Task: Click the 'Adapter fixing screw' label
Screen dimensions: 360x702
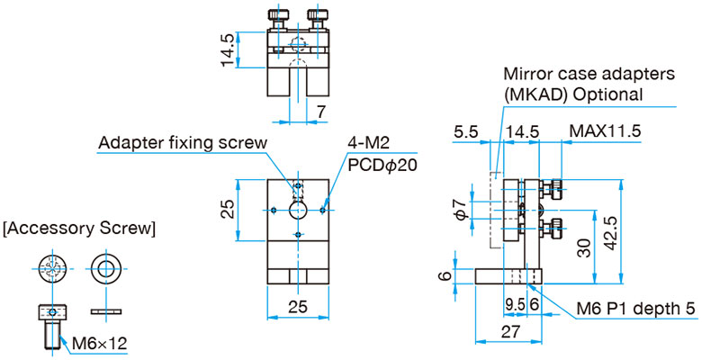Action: pyautogui.click(x=183, y=143)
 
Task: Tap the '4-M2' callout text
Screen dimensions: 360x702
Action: pyautogui.click(x=370, y=143)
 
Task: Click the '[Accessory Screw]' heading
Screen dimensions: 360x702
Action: pyautogui.click(x=80, y=229)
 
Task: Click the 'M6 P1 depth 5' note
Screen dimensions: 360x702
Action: pyautogui.click(x=634, y=309)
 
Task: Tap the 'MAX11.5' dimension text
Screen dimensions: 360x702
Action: pyautogui.click(x=605, y=131)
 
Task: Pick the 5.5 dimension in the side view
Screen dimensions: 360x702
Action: pyautogui.click(x=466, y=131)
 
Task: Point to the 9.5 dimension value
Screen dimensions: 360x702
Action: pyautogui.click(x=515, y=305)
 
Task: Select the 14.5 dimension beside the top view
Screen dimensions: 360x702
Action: pyautogui.click(x=228, y=50)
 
